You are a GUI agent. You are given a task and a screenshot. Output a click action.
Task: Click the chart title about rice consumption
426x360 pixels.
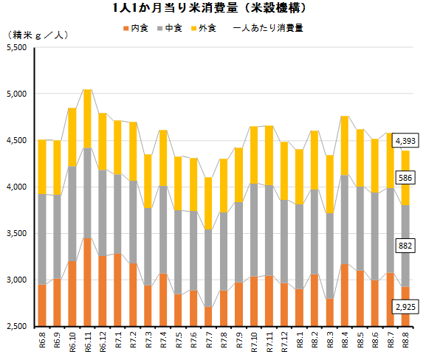coord(209,8)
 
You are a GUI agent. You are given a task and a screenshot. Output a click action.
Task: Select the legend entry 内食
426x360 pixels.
coord(136,28)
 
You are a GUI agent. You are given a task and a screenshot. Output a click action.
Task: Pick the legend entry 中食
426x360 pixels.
coord(170,28)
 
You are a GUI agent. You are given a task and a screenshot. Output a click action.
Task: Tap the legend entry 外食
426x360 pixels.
coord(204,28)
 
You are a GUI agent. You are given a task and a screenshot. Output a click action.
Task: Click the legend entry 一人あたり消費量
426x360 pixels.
coord(268,28)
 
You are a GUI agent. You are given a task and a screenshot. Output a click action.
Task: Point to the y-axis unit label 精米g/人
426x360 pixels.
coord(38,35)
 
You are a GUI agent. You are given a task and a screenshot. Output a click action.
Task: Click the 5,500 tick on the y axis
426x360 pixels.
coord(17,47)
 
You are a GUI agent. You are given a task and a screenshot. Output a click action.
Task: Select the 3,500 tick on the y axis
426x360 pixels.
coord(17,234)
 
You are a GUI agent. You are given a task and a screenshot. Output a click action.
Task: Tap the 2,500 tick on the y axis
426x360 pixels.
coord(17,326)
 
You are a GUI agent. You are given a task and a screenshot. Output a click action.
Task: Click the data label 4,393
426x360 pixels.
coord(405,141)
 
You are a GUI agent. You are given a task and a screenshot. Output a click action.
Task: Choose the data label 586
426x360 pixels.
coord(405,178)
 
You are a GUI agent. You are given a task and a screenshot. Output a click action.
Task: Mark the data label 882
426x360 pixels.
coord(405,246)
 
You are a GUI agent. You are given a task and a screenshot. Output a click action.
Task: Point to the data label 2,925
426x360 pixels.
coord(405,307)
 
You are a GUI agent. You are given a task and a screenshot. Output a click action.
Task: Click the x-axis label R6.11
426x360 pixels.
coord(88,342)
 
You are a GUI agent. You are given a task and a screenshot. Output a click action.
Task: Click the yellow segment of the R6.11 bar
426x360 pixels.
coord(87,119)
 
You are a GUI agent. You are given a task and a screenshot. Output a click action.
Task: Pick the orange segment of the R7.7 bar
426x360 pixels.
coord(208,316)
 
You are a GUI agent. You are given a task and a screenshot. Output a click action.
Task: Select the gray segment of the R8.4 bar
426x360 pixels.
coord(345,220)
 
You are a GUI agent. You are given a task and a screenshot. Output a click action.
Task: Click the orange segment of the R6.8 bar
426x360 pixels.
coord(42,305)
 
